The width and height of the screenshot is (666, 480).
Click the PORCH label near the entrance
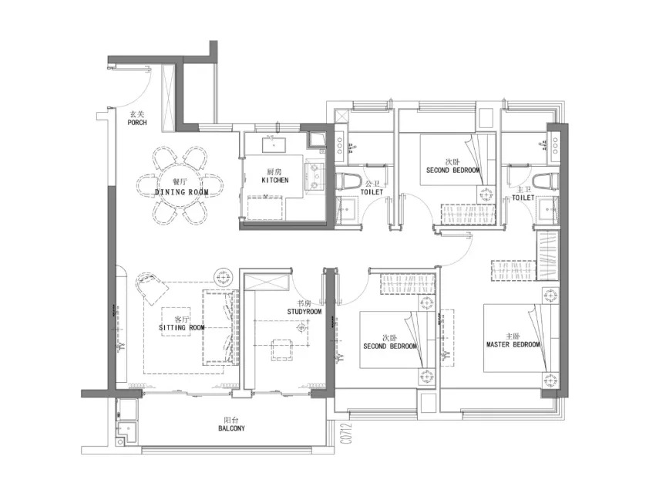point(136,123)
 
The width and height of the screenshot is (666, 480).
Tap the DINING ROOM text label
point(181,192)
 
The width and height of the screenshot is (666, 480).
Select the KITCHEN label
point(275,181)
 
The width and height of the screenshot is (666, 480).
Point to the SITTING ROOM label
point(181,328)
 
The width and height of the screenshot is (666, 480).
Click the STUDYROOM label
point(304,312)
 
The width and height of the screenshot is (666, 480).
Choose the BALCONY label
point(231,428)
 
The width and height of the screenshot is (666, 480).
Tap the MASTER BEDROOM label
point(513,344)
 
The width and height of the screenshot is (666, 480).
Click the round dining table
point(180,185)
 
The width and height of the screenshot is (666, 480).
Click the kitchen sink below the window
point(274,144)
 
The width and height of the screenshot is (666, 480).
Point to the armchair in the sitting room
point(152,287)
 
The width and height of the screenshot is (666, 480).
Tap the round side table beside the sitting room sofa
point(222,278)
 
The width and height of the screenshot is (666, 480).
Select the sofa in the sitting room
point(220,327)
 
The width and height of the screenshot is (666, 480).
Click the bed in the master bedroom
point(521,338)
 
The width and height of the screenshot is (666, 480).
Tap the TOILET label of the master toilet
point(523,198)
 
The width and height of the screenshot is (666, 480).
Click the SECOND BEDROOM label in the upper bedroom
point(452,170)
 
